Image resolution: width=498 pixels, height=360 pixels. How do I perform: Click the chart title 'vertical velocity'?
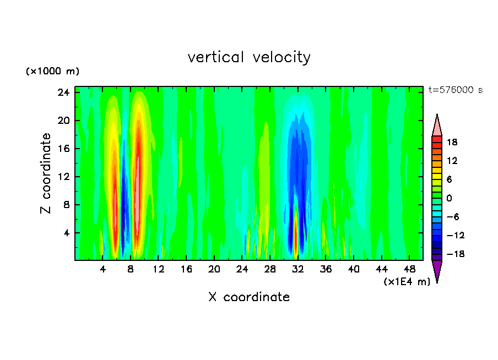[249, 57]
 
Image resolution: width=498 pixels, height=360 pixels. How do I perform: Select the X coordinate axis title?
[249, 297]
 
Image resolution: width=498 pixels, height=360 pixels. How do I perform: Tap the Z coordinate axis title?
[46, 173]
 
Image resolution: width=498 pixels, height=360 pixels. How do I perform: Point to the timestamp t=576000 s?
[455, 90]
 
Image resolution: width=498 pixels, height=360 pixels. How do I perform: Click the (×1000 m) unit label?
[52, 72]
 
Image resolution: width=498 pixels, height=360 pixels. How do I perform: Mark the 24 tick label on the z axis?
[63, 92]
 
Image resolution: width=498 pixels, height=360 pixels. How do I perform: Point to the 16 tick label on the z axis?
[63, 149]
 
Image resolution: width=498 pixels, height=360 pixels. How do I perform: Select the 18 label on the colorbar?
[452, 142]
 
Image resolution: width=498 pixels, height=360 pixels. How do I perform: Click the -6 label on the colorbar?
[452, 217]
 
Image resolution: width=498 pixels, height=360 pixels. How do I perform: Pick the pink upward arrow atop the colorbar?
[437, 126]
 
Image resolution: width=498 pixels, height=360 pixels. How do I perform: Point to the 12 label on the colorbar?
[452, 161]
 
